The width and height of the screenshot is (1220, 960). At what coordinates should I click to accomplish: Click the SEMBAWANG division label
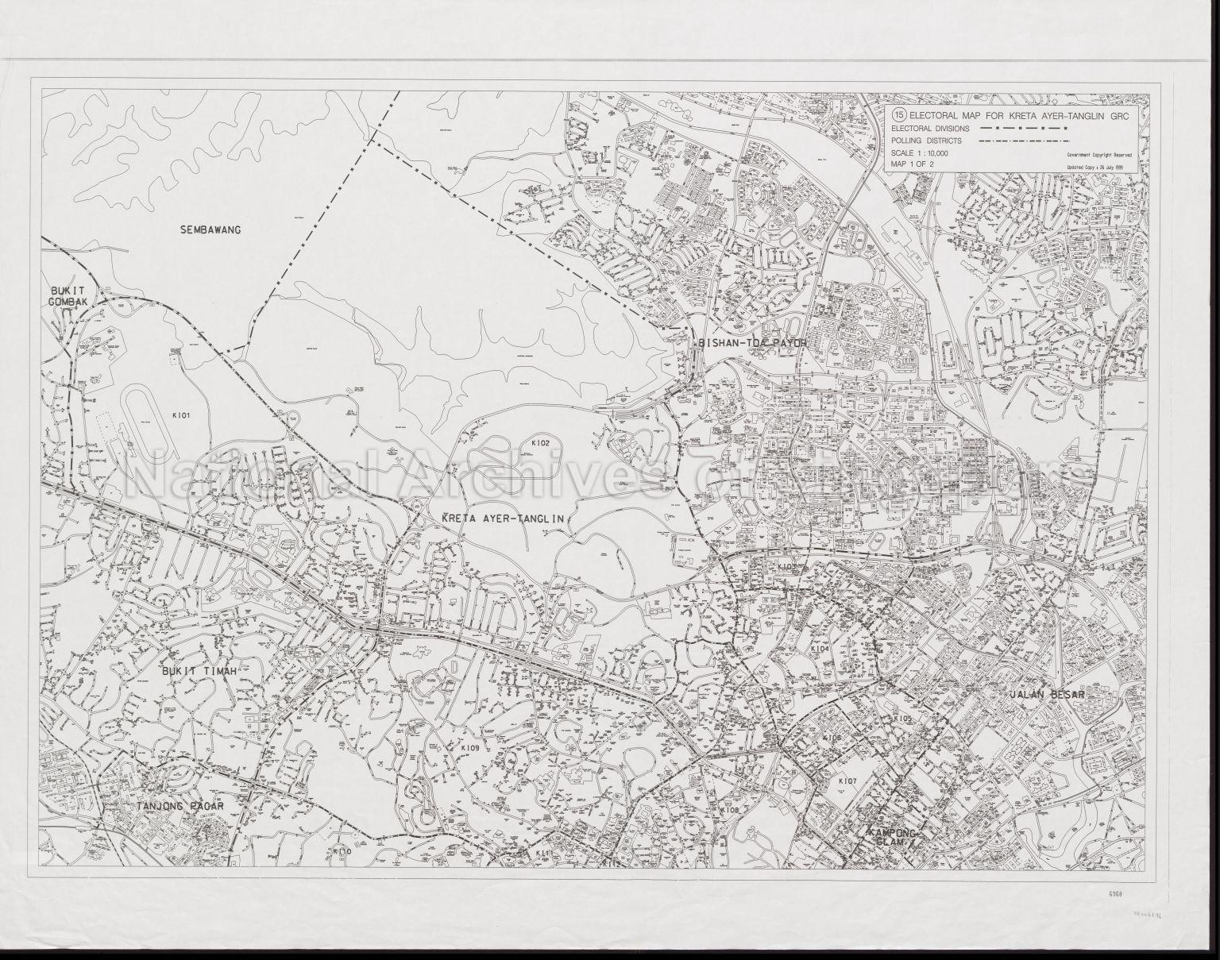pyautogui.click(x=210, y=230)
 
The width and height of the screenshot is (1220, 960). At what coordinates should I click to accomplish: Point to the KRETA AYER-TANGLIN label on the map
pyautogui.click(x=502, y=519)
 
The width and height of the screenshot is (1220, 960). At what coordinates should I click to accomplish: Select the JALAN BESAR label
pyautogui.click(x=1047, y=693)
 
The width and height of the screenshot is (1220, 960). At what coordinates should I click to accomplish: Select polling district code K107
pyautogui.click(x=847, y=781)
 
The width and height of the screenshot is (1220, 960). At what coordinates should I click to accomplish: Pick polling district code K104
pyautogui.click(x=820, y=649)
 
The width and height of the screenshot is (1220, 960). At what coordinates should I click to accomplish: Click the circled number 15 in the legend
pyautogui.click(x=899, y=114)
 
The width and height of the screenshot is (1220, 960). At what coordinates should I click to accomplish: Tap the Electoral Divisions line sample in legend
pyautogui.click(x=1021, y=128)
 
